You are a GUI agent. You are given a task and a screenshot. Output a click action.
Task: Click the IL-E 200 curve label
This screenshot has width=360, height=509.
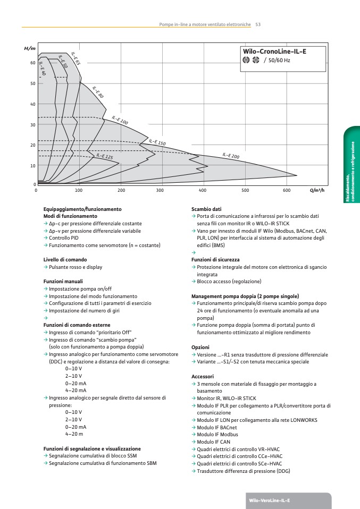pyautogui.click(x=231, y=156)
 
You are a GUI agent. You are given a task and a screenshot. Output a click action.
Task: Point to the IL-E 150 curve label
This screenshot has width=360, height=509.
pyautogui.click(x=157, y=142)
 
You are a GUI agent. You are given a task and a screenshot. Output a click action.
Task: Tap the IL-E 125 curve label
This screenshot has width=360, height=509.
pyautogui.click(x=105, y=156)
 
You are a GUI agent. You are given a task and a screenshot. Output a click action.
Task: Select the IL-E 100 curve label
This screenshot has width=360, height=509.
pyautogui.click(x=120, y=121)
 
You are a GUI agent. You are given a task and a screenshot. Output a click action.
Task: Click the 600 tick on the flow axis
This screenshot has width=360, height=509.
pyautogui.click(x=287, y=190)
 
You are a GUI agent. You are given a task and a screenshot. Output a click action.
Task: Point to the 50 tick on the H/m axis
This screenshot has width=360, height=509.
pyautogui.click(x=32, y=83)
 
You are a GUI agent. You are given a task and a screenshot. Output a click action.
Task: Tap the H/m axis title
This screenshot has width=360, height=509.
pyautogui.click(x=30, y=49)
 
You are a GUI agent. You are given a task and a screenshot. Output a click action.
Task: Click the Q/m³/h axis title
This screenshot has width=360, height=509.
pyautogui.click(x=317, y=190)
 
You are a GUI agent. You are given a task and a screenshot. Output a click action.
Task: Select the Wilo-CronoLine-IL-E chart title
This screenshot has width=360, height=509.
pyautogui.click(x=274, y=51)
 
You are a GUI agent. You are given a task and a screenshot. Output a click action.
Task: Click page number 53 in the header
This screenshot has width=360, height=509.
pyautogui.click(x=258, y=24)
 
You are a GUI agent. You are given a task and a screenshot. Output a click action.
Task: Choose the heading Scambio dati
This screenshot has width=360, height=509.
pyautogui.click(x=206, y=209)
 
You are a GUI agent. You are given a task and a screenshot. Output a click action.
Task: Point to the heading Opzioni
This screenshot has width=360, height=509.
pyautogui.click(x=200, y=347)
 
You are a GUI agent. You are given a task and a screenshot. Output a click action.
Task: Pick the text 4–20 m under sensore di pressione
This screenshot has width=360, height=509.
pyautogui.click(x=73, y=434)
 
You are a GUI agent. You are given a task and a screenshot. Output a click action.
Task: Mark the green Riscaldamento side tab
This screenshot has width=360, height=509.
pyautogui.click(x=352, y=165)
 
